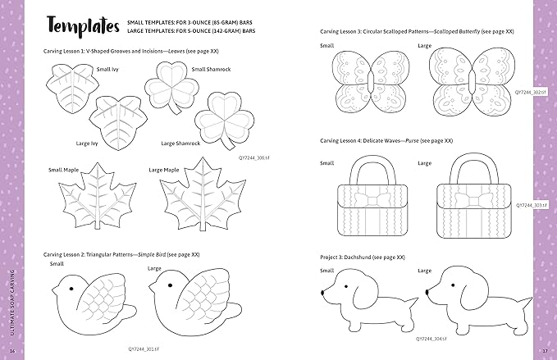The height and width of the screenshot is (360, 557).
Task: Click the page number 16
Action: pos(12,352)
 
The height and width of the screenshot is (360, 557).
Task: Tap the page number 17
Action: pos(545,352)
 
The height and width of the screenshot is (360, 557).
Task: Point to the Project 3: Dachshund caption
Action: pos(362,257)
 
